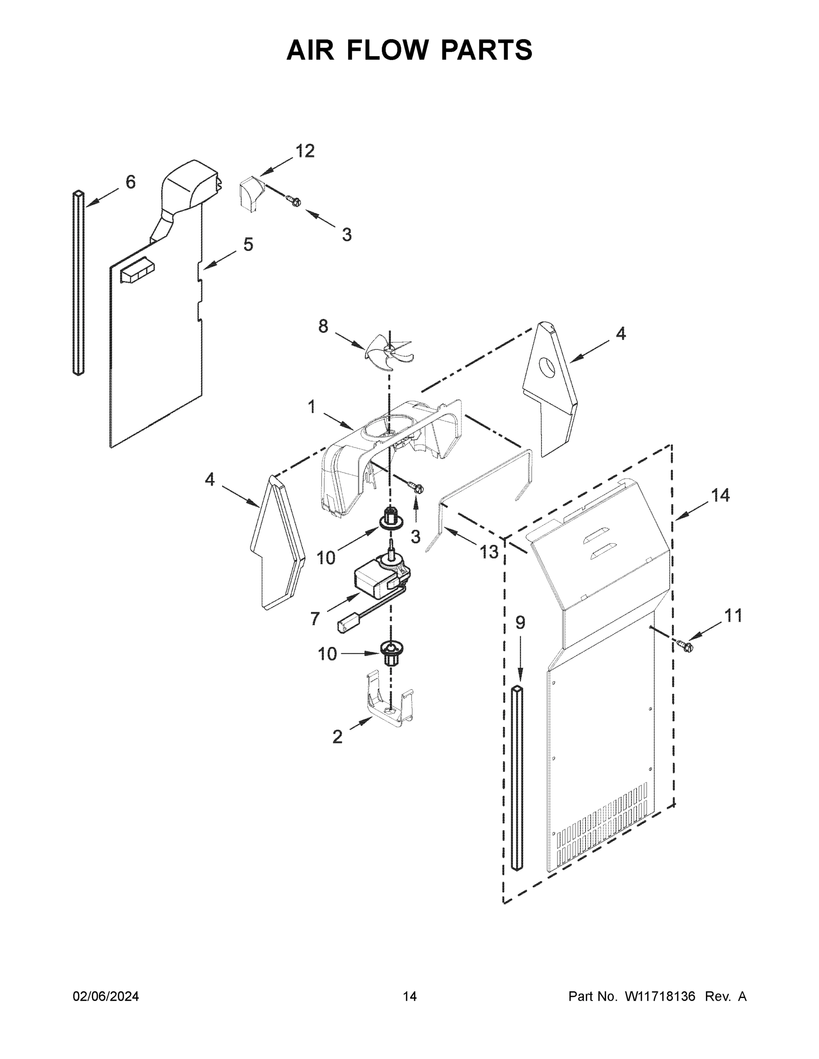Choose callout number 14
(720, 495)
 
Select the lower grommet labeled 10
(391, 652)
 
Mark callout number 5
(248, 244)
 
